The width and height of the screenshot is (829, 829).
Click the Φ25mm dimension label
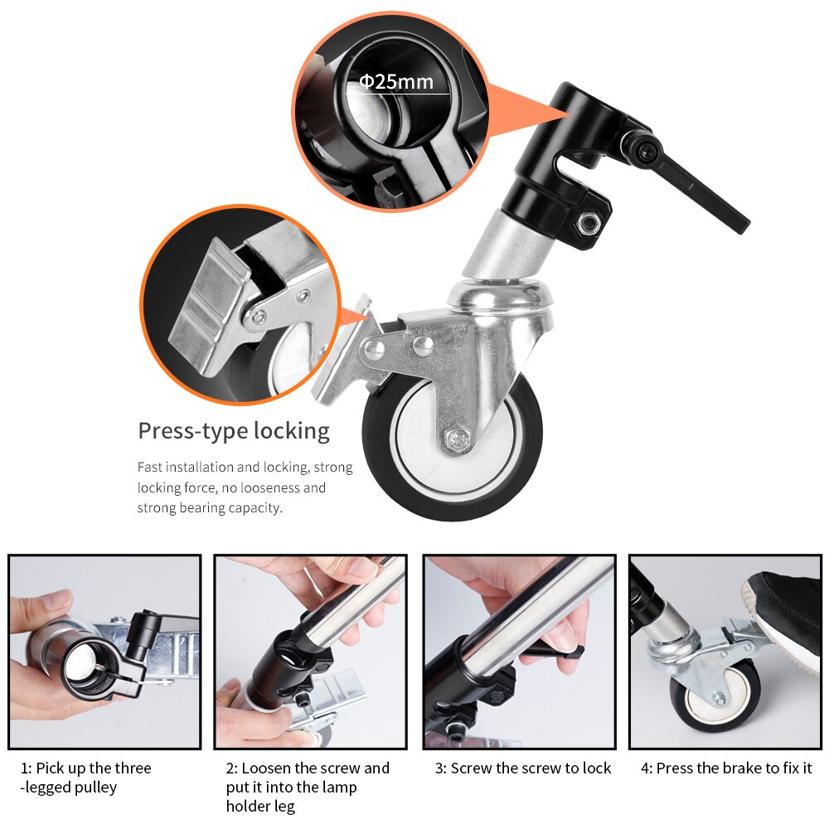[395, 82]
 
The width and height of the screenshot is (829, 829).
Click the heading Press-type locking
[233, 431]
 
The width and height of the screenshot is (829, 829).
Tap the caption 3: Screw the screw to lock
[522, 768]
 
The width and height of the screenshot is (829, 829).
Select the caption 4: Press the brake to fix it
[725, 768]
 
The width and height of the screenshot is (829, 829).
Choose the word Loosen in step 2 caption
[268, 768]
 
